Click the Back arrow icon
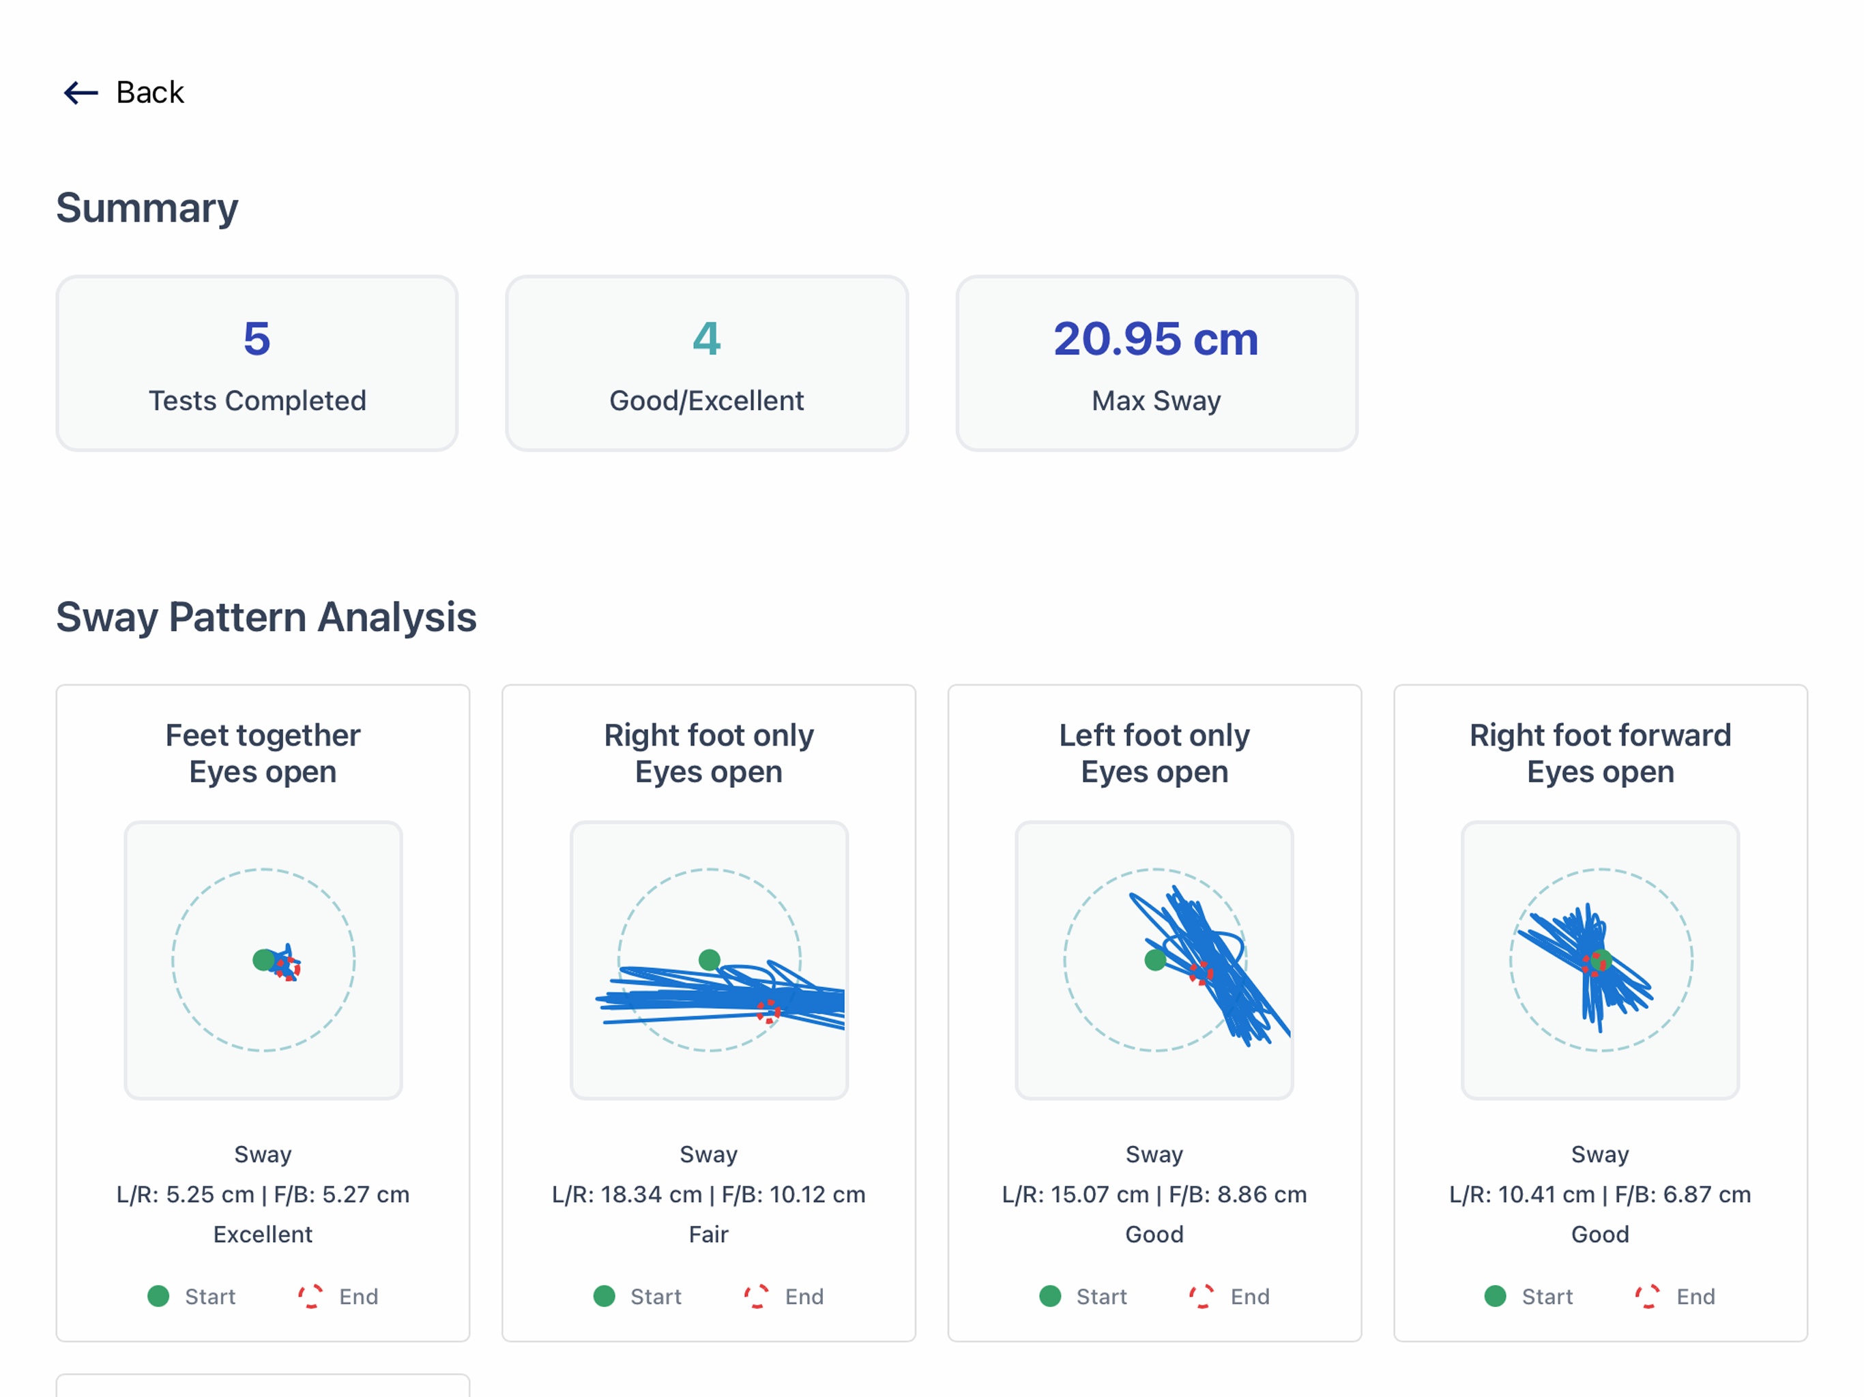pyautogui.click(x=82, y=93)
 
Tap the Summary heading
pyautogui.click(x=147, y=207)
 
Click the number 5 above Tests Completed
pyautogui.click(x=257, y=339)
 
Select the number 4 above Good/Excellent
pyautogui.click(x=707, y=339)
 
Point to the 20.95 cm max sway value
pyautogui.click(x=1156, y=339)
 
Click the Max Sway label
pyautogui.click(x=1156, y=401)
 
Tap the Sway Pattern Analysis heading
pyautogui.click(x=266, y=617)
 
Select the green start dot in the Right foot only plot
pyautogui.click(x=710, y=960)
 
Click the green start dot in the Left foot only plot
pyautogui.click(x=1155, y=960)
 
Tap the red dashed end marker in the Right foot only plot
pyautogui.click(x=768, y=1011)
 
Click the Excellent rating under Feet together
pyautogui.click(x=263, y=1235)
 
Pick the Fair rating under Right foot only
pyautogui.click(x=709, y=1235)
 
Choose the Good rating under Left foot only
pyautogui.click(x=1154, y=1235)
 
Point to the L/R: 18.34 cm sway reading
pyautogui.click(x=627, y=1195)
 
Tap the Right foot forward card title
pyautogui.click(x=1600, y=753)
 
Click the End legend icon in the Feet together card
pyautogui.click(x=310, y=1296)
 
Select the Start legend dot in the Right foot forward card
pyautogui.click(x=1495, y=1296)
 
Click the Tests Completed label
pyautogui.click(x=257, y=401)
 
